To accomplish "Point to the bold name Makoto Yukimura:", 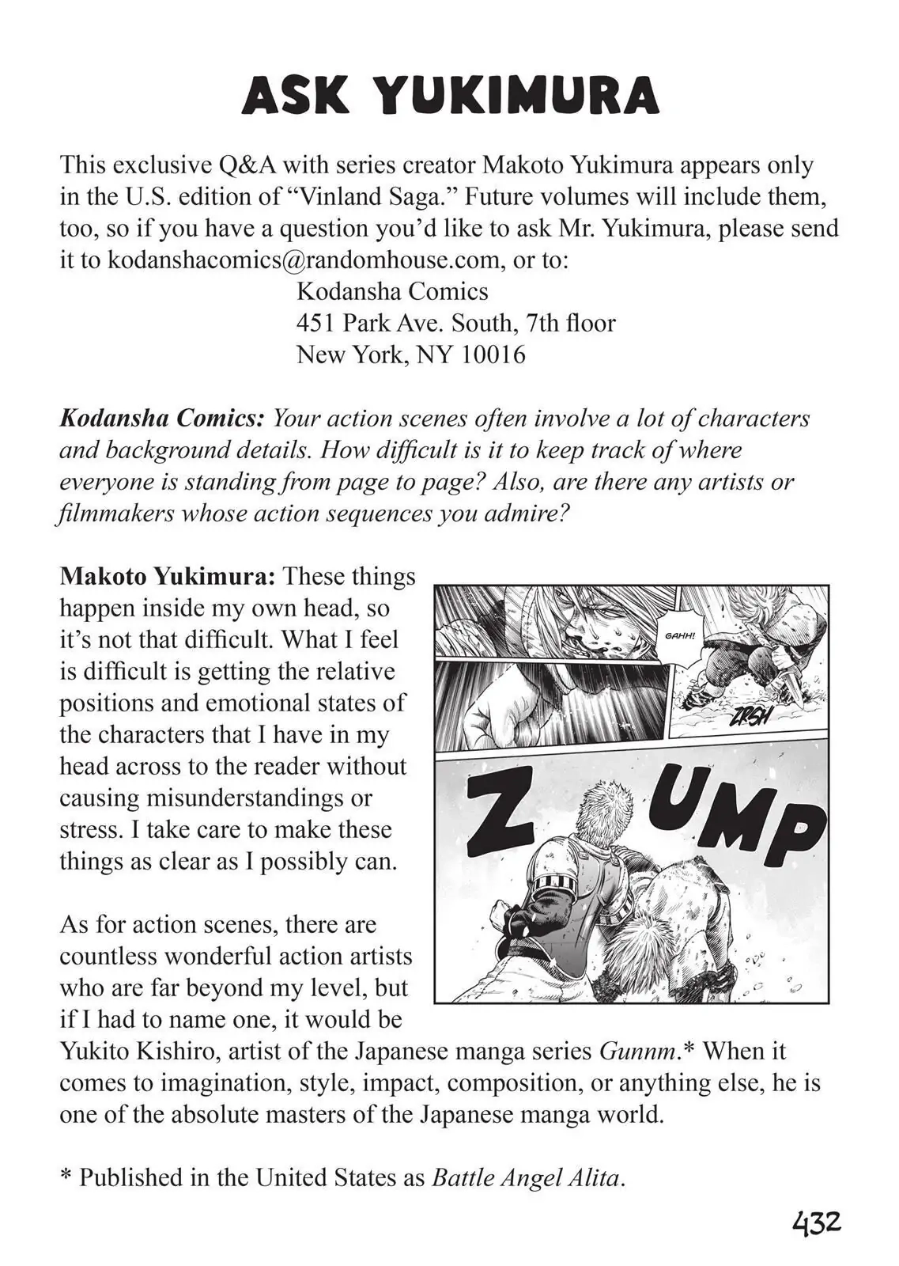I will (168, 576).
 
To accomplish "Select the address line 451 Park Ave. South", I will (410, 323).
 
